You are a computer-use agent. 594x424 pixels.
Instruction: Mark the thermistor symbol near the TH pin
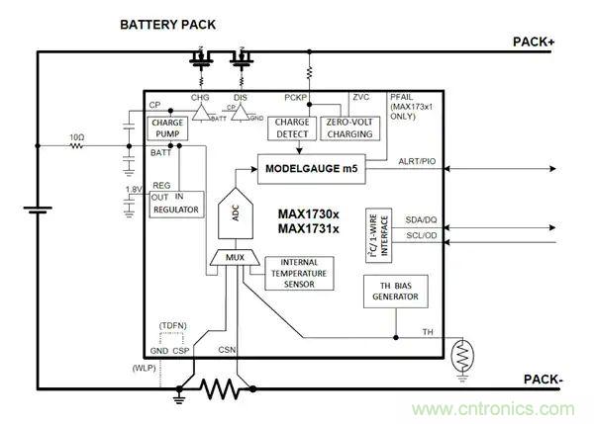tap(461, 355)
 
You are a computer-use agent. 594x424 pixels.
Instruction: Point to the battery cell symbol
tap(38, 211)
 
